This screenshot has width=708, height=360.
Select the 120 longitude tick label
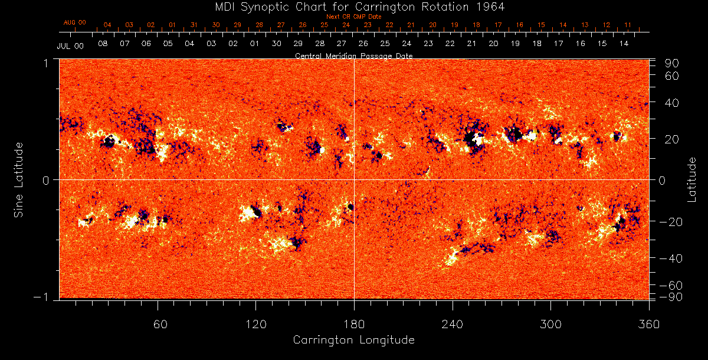(255, 325)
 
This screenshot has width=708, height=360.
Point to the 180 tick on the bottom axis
(354, 325)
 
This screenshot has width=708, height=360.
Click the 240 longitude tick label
(453, 325)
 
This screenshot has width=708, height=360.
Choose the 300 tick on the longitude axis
(550, 325)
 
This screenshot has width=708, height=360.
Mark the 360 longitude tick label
(648, 325)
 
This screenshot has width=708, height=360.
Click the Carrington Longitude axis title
(353, 341)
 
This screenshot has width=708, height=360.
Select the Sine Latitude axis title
(19, 179)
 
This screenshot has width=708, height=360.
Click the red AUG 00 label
(75, 22)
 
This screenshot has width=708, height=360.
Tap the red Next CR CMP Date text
(353, 17)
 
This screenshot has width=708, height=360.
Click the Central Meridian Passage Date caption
(353, 55)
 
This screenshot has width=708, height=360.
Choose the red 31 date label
(194, 25)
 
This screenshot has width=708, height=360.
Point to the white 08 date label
(103, 44)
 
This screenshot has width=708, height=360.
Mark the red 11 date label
(628, 25)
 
